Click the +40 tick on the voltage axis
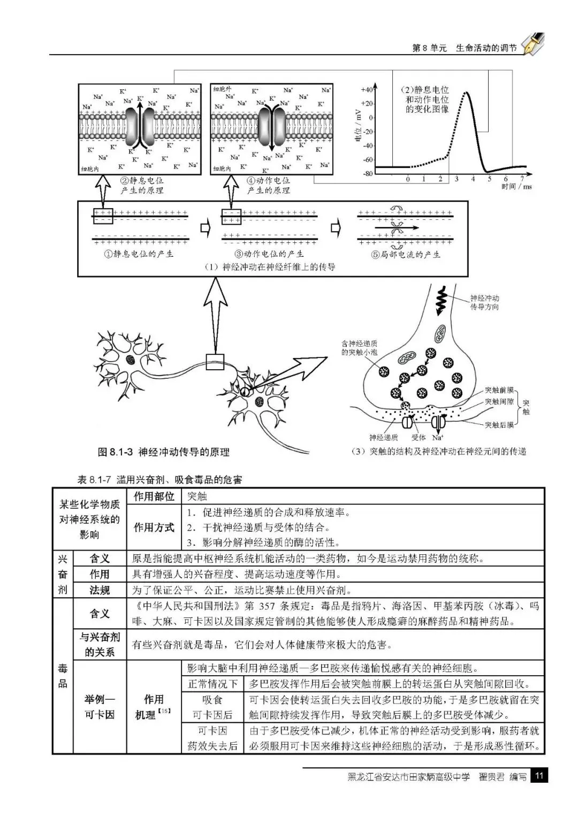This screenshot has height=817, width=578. pyautogui.click(x=366, y=89)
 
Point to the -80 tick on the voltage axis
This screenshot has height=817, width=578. pyautogui.click(x=367, y=173)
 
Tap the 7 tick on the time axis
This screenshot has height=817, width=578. pyautogui.click(x=522, y=179)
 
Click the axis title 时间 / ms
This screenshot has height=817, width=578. pyautogui.click(x=516, y=187)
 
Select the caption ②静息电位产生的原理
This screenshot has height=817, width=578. pyautogui.click(x=141, y=186)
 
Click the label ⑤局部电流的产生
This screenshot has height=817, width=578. pyautogui.click(x=406, y=255)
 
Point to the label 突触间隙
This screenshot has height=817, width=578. pyautogui.click(x=499, y=402)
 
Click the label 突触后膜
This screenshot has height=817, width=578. pyautogui.click(x=499, y=425)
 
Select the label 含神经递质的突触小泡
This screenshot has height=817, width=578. pyautogui.click(x=359, y=348)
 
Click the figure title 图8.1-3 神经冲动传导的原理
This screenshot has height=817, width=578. pyautogui.click(x=164, y=453)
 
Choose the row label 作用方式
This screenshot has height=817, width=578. pyautogui.click(x=154, y=528)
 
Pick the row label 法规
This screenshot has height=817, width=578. pyautogui.click(x=100, y=590)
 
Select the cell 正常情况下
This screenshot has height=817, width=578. pyautogui.click(x=213, y=684)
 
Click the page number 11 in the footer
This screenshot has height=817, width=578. pyautogui.click(x=539, y=776)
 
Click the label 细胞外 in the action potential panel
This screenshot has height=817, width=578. pyautogui.click(x=222, y=89)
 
